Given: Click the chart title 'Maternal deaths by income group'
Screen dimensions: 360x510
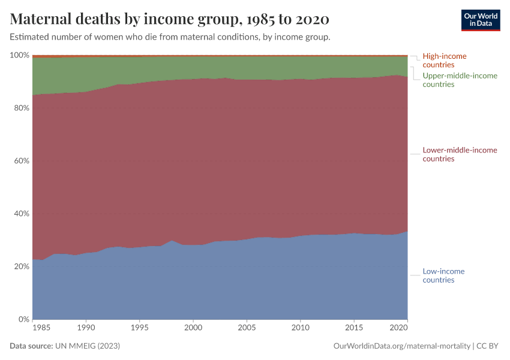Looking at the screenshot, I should point(170,19).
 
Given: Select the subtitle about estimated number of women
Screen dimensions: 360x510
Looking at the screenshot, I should point(170,37).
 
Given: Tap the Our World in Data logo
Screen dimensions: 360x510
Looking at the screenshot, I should point(480,20).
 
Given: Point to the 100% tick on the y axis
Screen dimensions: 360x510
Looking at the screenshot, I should point(20,55).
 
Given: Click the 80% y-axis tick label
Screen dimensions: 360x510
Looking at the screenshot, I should point(21,108).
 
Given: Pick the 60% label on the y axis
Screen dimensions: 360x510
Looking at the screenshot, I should point(21,161).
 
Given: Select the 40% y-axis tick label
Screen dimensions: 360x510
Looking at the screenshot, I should point(21,214).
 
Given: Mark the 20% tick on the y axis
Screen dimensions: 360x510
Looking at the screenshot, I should point(21,266).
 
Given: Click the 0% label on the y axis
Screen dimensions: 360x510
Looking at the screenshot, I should point(23,319).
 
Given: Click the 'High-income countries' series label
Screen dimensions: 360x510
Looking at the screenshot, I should point(444,60).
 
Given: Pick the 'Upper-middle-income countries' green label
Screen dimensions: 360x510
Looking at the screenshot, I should point(460,80).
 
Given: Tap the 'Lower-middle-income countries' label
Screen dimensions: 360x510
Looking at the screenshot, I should point(460,154).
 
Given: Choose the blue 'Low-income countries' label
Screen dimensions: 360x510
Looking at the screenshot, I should point(443,275).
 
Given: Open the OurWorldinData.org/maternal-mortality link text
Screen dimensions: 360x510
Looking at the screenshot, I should point(402,346).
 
